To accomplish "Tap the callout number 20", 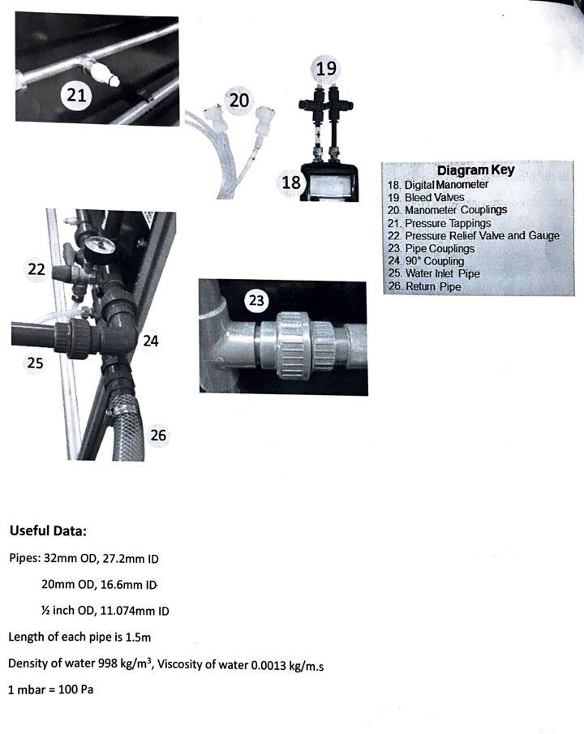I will [x=238, y=101].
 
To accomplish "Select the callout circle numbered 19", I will [x=326, y=68].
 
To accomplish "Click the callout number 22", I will [x=36, y=270].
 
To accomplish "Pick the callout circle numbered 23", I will [x=257, y=301].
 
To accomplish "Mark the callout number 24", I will [x=150, y=341].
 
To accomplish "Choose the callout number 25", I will [x=35, y=363].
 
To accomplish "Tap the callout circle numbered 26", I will [x=158, y=436].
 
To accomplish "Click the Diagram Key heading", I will [x=474, y=171].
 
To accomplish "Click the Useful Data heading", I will [x=48, y=532].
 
